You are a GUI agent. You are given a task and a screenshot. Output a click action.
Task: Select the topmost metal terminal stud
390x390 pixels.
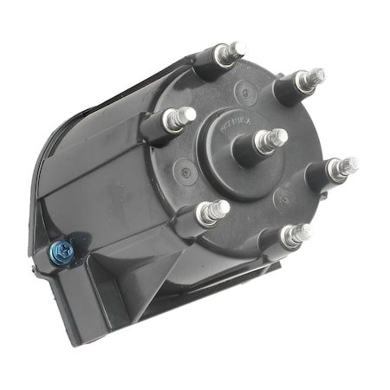[231, 52]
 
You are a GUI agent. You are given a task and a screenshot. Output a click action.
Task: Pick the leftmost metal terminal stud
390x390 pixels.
[179, 117]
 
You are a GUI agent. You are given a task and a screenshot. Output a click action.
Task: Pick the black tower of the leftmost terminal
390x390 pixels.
[158, 127]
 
